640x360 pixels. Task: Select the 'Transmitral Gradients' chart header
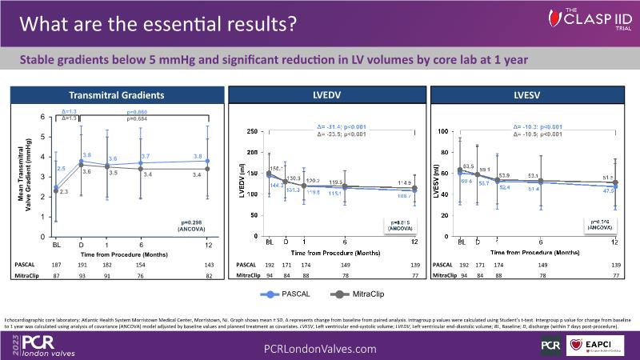[x=117, y=94]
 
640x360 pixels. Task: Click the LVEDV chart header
[x=323, y=94]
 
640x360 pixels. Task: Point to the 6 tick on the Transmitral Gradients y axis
[x=44, y=118]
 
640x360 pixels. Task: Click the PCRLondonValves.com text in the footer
[x=320, y=349]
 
